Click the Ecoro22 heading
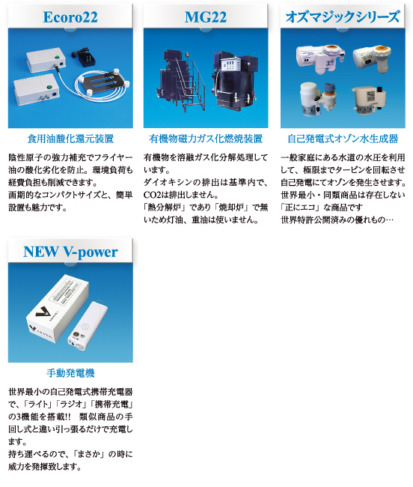click(70, 17)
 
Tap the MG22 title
click(206, 17)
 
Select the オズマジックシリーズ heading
click(343, 16)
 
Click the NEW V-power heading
click(70, 252)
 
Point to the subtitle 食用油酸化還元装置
click(70, 139)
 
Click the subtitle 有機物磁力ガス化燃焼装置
click(206, 139)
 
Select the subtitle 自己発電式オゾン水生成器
click(343, 139)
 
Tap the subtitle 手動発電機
click(70, 373)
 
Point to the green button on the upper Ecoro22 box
click(57, 57)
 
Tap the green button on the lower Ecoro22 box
click(49, 88)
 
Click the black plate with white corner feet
click(103, 81)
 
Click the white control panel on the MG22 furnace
click(230, 66)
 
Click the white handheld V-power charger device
click(88, 328)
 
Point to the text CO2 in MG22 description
click(151, 195)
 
